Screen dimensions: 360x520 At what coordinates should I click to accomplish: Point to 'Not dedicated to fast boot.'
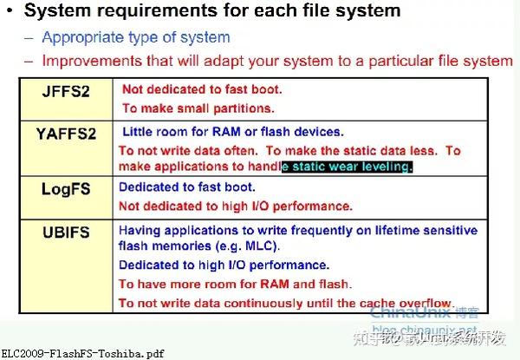coord(202,88)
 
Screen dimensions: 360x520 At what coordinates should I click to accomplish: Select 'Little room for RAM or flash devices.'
coord(232,132)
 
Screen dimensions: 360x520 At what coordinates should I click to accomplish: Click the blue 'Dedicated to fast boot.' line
coord(186,187)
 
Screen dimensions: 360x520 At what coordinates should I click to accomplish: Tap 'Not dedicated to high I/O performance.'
coord(235,206)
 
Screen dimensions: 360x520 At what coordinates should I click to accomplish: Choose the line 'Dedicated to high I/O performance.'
coord(224,265)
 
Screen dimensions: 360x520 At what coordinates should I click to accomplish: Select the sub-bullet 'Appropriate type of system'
coord(136,37)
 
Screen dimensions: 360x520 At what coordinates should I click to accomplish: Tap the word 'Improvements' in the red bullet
coord(91,61)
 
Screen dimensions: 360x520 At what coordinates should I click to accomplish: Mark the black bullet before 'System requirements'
coord(8,12)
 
